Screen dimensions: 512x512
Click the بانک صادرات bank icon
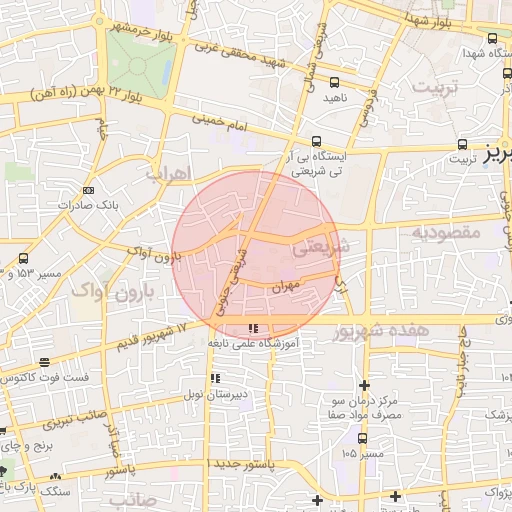pos(89,190)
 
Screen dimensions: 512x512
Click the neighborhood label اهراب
pos(166,172)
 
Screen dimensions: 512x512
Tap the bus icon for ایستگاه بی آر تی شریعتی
pos(317,141)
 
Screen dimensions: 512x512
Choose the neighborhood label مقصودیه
pos(445,232)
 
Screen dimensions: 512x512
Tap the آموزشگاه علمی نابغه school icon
pos(253,328)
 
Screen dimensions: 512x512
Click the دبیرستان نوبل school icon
pos(215,379)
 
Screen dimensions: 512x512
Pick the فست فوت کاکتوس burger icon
pos(43,363)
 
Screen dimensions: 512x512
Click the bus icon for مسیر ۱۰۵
pos(362,437)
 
